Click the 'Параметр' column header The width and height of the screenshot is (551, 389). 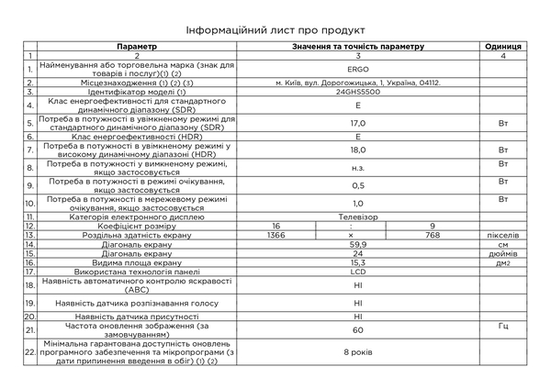[x=138, y=46]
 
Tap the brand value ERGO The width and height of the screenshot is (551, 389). [x=358, y=69]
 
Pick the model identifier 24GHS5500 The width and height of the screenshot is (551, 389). [x=358, y=92]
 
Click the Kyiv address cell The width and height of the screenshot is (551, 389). [x=358, y=83]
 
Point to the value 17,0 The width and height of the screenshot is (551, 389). [x=358, y=122]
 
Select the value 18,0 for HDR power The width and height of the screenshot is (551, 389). [x=358, y=149]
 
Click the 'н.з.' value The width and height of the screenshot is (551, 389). [x=358, y=167]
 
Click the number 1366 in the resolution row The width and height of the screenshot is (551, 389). [x=275, y=235]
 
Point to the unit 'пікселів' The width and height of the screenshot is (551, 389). [x=502, y=235]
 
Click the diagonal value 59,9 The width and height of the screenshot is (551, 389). [x=358, y=244]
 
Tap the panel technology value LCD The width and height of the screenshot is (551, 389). [x=358, y=272]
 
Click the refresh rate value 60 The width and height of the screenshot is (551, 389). [x=358, y=328]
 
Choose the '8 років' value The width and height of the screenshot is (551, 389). [x=358, y=351]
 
